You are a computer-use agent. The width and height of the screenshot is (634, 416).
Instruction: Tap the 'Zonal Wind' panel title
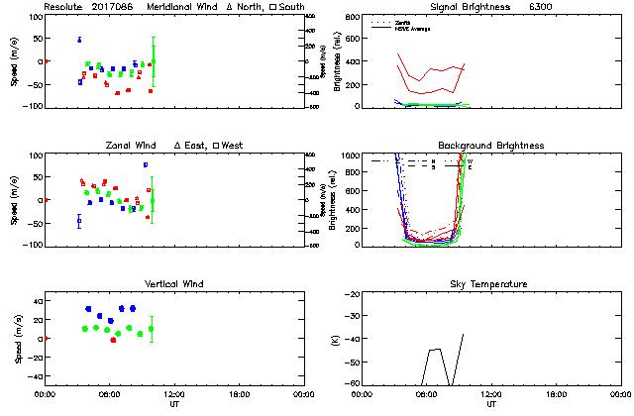[x=130, y=146]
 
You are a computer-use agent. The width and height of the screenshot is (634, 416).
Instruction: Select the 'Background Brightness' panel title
[x=491, y=146]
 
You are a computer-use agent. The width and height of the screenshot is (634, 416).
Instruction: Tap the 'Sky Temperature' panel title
[x=491, y=284]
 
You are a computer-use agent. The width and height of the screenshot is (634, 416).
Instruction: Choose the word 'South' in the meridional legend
[x=291, y=7]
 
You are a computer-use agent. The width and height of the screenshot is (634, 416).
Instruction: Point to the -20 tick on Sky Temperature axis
[x=349, y=294]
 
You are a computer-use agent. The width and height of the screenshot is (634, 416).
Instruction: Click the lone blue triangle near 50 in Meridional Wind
[x=79, y=40]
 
